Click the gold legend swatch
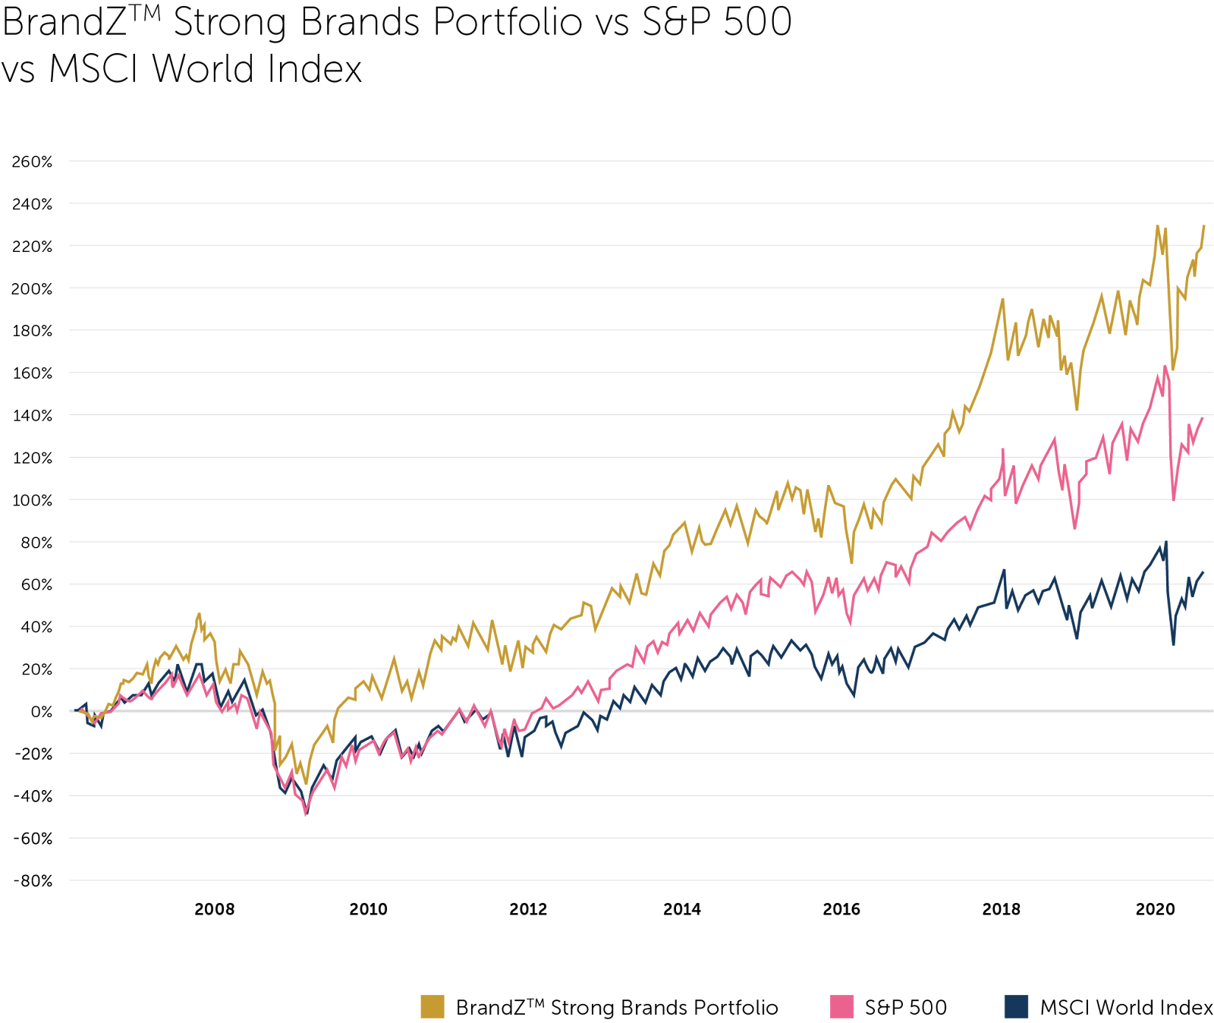point(432,1006)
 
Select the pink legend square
point(842,1006)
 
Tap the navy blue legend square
point(1016,1006)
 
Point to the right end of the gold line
point(1204,225)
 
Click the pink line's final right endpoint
point(1203,418)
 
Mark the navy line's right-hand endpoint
point(1203,572)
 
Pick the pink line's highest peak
point(1165,367)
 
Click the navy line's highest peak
point(1165,543)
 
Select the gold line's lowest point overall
point(307,783)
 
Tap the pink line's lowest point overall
point(306,814)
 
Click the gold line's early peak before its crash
point(200,613)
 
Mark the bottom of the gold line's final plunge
point(1173,370)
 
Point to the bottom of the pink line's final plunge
point(1174,500)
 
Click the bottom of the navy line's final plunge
point(1173,644)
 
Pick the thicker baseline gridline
point(607,711)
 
